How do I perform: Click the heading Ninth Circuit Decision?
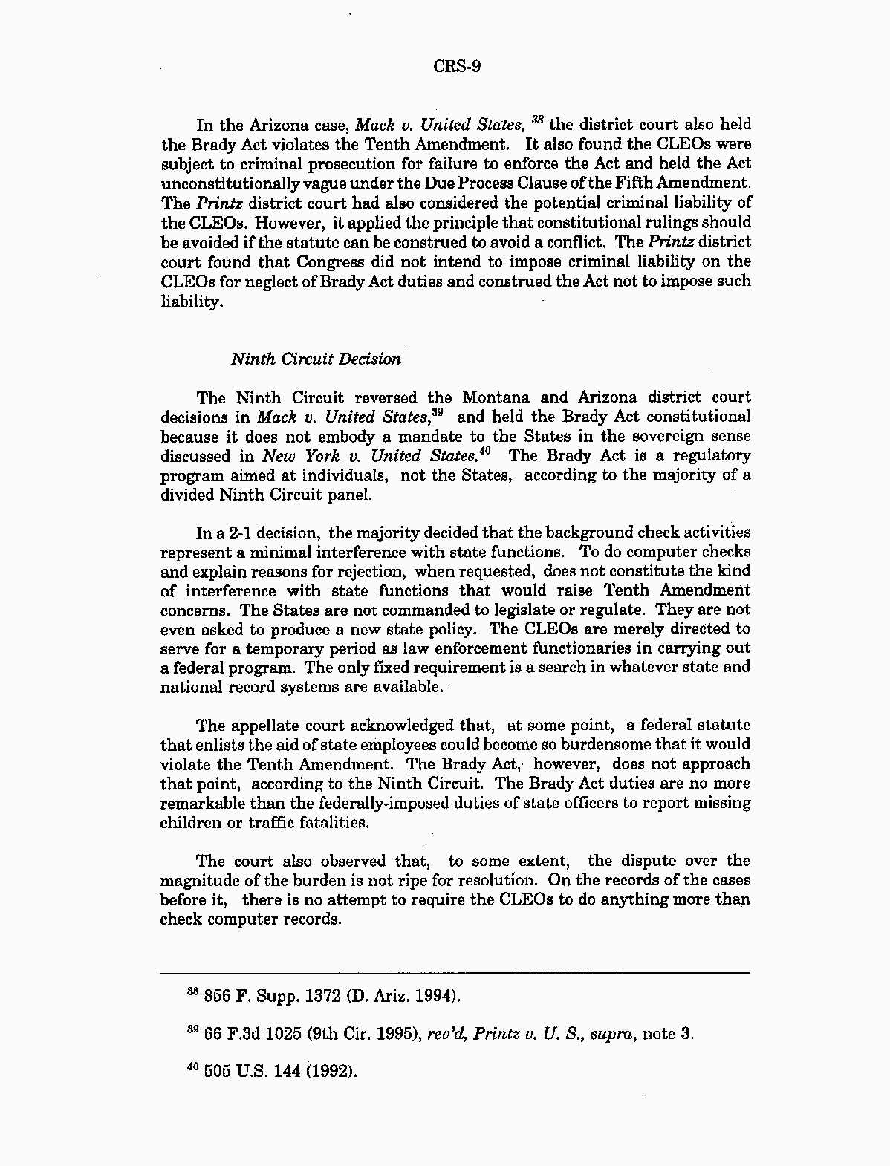pyautogui.click(x=316, y=359)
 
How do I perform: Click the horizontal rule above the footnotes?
pyautogui.click(x=455, y=973)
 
